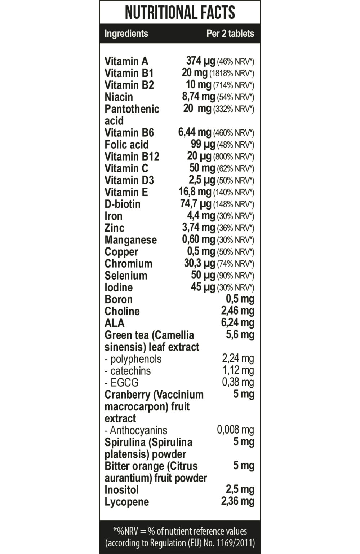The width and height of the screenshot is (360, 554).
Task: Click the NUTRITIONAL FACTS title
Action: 180,13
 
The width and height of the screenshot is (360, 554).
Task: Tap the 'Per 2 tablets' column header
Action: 230,34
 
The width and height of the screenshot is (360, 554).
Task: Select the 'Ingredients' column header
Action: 126,34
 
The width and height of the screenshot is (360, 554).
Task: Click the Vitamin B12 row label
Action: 132,157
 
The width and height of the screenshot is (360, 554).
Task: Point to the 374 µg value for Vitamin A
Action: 200,61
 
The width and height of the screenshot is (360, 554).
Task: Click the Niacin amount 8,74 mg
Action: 198,97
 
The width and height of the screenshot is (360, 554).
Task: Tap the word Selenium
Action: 126,276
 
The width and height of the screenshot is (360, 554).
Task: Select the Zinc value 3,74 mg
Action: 198,228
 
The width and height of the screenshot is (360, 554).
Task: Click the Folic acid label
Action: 126,145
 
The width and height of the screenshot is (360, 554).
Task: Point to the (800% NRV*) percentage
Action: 234,157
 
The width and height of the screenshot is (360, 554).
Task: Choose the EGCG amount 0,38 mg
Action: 238,382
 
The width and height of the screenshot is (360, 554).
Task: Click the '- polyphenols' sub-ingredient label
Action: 133,359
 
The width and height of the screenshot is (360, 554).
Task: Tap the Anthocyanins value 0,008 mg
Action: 235,430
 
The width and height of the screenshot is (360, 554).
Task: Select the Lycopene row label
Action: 126,502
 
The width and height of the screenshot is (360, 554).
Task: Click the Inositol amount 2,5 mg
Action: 240,489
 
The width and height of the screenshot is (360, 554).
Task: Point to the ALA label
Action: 114,323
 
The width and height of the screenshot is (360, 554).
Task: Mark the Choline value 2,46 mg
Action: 237,311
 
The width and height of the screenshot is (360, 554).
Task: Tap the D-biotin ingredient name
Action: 123,204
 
